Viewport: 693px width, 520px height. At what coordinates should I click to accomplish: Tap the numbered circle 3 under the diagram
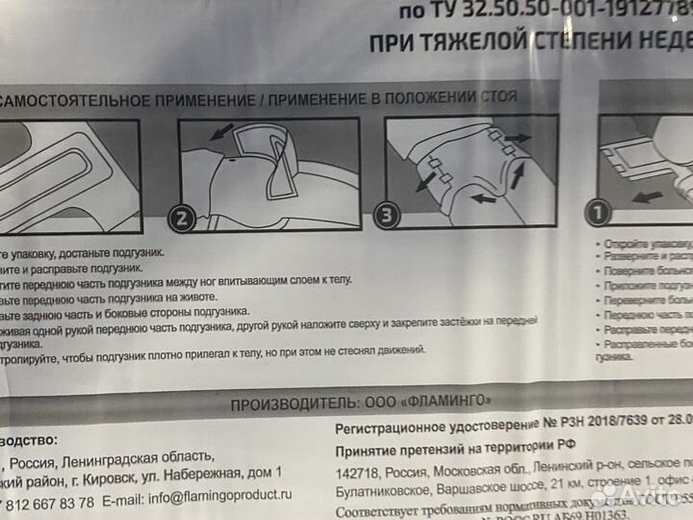387,216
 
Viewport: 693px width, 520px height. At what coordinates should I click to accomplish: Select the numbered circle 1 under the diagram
599,211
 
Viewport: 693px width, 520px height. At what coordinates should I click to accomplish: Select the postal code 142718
357,472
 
